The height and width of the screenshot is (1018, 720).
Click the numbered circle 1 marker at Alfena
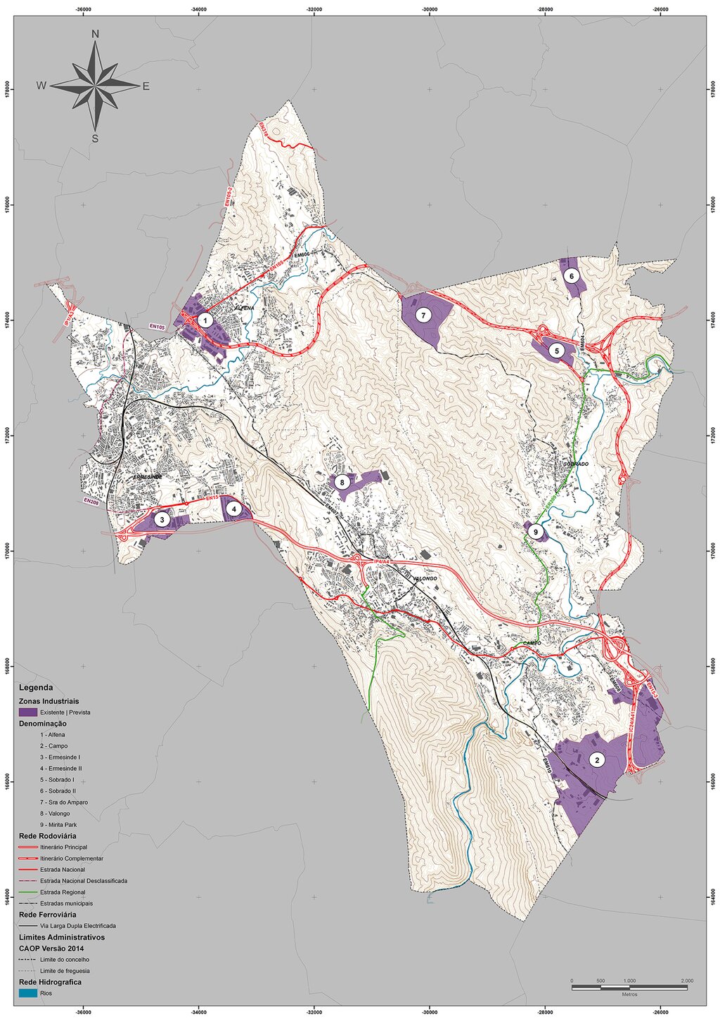coord(205,320)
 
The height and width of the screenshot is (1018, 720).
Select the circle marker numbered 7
coord(423,315)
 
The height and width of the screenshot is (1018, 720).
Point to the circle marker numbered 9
coord(535,533)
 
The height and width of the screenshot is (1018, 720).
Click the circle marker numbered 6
coord(572,276)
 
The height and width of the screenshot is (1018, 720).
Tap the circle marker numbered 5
coord(555,350)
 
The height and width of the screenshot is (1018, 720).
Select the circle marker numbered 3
coord(162,520)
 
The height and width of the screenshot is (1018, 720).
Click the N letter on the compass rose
coord(95,34)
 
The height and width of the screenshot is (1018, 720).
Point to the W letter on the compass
coord(41,86)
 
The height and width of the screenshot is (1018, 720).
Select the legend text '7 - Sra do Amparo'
coord(64,802)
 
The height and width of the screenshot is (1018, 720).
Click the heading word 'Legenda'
coord(36,687)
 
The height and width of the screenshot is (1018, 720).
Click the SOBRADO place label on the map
coord(575,464)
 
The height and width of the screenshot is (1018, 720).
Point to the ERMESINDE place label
coord(148,476)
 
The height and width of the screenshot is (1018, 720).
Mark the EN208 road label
coord(91,501)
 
